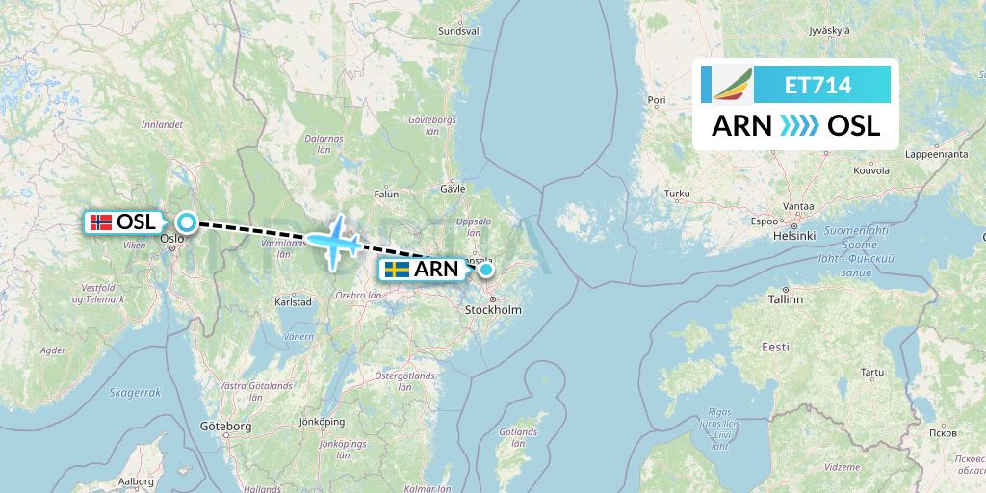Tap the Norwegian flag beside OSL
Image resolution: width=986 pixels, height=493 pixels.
pos(99,222)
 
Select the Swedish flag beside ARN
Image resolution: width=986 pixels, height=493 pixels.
pos(396,270)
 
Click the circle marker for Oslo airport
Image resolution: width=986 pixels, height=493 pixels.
pos(186,222)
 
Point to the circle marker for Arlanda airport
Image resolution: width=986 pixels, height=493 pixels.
pos(486,270)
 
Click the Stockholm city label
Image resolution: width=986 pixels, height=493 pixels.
pos(493,310)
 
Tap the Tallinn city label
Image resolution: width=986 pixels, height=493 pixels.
pos(786,299)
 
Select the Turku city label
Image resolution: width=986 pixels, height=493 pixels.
pos(678,195)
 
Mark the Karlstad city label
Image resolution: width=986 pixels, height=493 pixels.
pos(293,301)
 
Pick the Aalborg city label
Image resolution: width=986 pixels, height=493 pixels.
pos(136,480)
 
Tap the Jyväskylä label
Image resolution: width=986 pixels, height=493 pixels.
pos(829,30)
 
